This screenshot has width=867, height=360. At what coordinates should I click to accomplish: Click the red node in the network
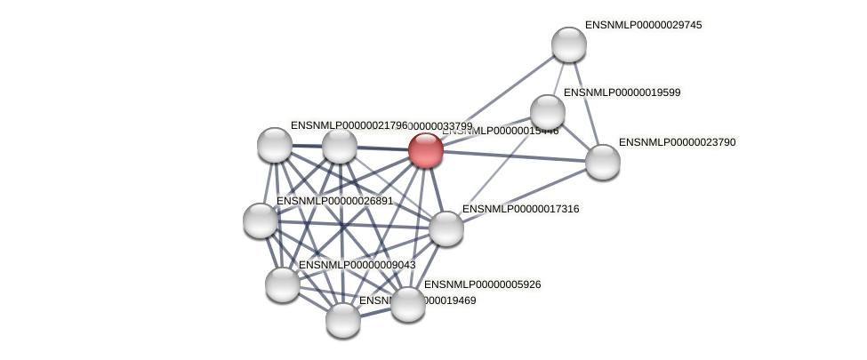(x=426, y=149)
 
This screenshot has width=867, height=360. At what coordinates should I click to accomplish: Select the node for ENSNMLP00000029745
(x=568, y=44)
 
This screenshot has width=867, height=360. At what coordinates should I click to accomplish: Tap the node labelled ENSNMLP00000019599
(x=548, y=111)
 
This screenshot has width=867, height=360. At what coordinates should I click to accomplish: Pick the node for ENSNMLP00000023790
(x=602, y=161)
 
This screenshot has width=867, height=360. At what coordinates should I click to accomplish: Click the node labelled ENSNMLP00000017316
(x=446, y=228)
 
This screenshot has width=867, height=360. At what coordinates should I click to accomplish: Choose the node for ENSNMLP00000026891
(x=261, y=220)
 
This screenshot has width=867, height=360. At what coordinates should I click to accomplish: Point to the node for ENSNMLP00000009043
(x=283, y=284)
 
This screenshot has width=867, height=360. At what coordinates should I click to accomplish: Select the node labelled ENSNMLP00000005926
(x=408, y=303)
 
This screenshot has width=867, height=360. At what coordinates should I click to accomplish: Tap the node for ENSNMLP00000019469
(x=342, y=319)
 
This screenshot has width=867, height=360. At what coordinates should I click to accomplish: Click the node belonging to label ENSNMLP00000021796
(x=274, y=144)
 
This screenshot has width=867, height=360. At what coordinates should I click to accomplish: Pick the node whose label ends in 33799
(x=339, y=145)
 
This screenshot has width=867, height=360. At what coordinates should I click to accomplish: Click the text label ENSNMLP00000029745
(x=645, y=25)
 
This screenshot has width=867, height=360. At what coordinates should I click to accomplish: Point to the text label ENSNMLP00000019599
(x=622, y=92)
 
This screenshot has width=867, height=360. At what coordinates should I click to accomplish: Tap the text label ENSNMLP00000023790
(x=678, y=142)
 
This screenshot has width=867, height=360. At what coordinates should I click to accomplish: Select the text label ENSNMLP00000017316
(x=520, y=209)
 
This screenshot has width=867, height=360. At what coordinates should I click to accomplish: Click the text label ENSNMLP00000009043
(x=357, y=265)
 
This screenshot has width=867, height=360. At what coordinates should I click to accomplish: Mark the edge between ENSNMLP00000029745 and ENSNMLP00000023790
(x=585, y=102)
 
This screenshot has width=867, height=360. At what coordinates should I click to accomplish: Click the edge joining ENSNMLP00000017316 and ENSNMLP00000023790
(x=524, y=195)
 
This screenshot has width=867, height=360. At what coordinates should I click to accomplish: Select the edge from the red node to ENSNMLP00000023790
(x=514, y=156)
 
